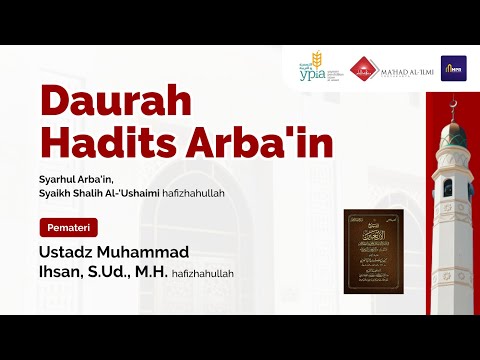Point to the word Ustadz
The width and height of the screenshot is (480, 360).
[x=68, y=250]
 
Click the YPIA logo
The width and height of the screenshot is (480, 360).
[x=314, y=67]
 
